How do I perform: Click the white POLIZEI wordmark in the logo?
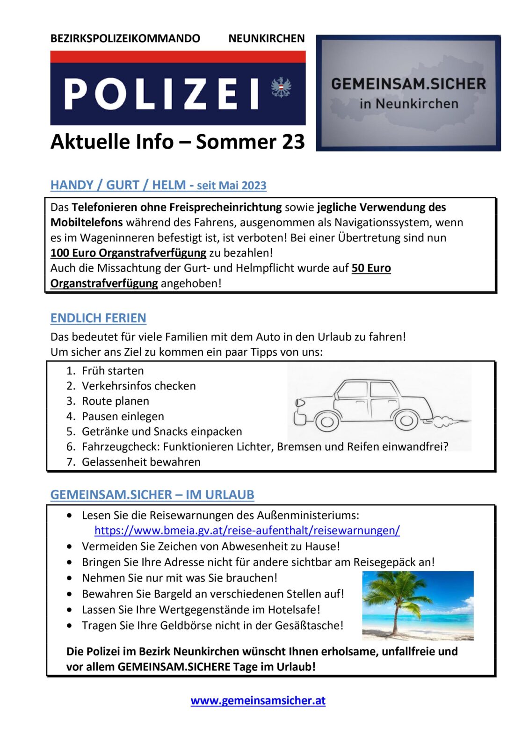coord(161,93)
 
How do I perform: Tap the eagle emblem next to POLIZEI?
coord(281,87)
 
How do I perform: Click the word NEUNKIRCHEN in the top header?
coord(266,38)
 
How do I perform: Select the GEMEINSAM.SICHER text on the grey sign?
coord(408,84)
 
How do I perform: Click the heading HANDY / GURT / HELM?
coord(118,185)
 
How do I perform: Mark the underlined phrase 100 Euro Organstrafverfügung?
coord(128,253)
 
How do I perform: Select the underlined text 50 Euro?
coord(371,268)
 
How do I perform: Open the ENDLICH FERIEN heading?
coord(98,318)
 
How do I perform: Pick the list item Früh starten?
coord(113,371)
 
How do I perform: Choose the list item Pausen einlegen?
coord(123,416)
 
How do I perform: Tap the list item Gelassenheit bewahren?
coord(141,462)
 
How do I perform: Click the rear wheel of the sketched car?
coord(406,421)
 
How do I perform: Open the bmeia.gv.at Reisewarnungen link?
coord(247,531)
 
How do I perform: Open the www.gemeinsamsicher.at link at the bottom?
coord(258,700)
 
